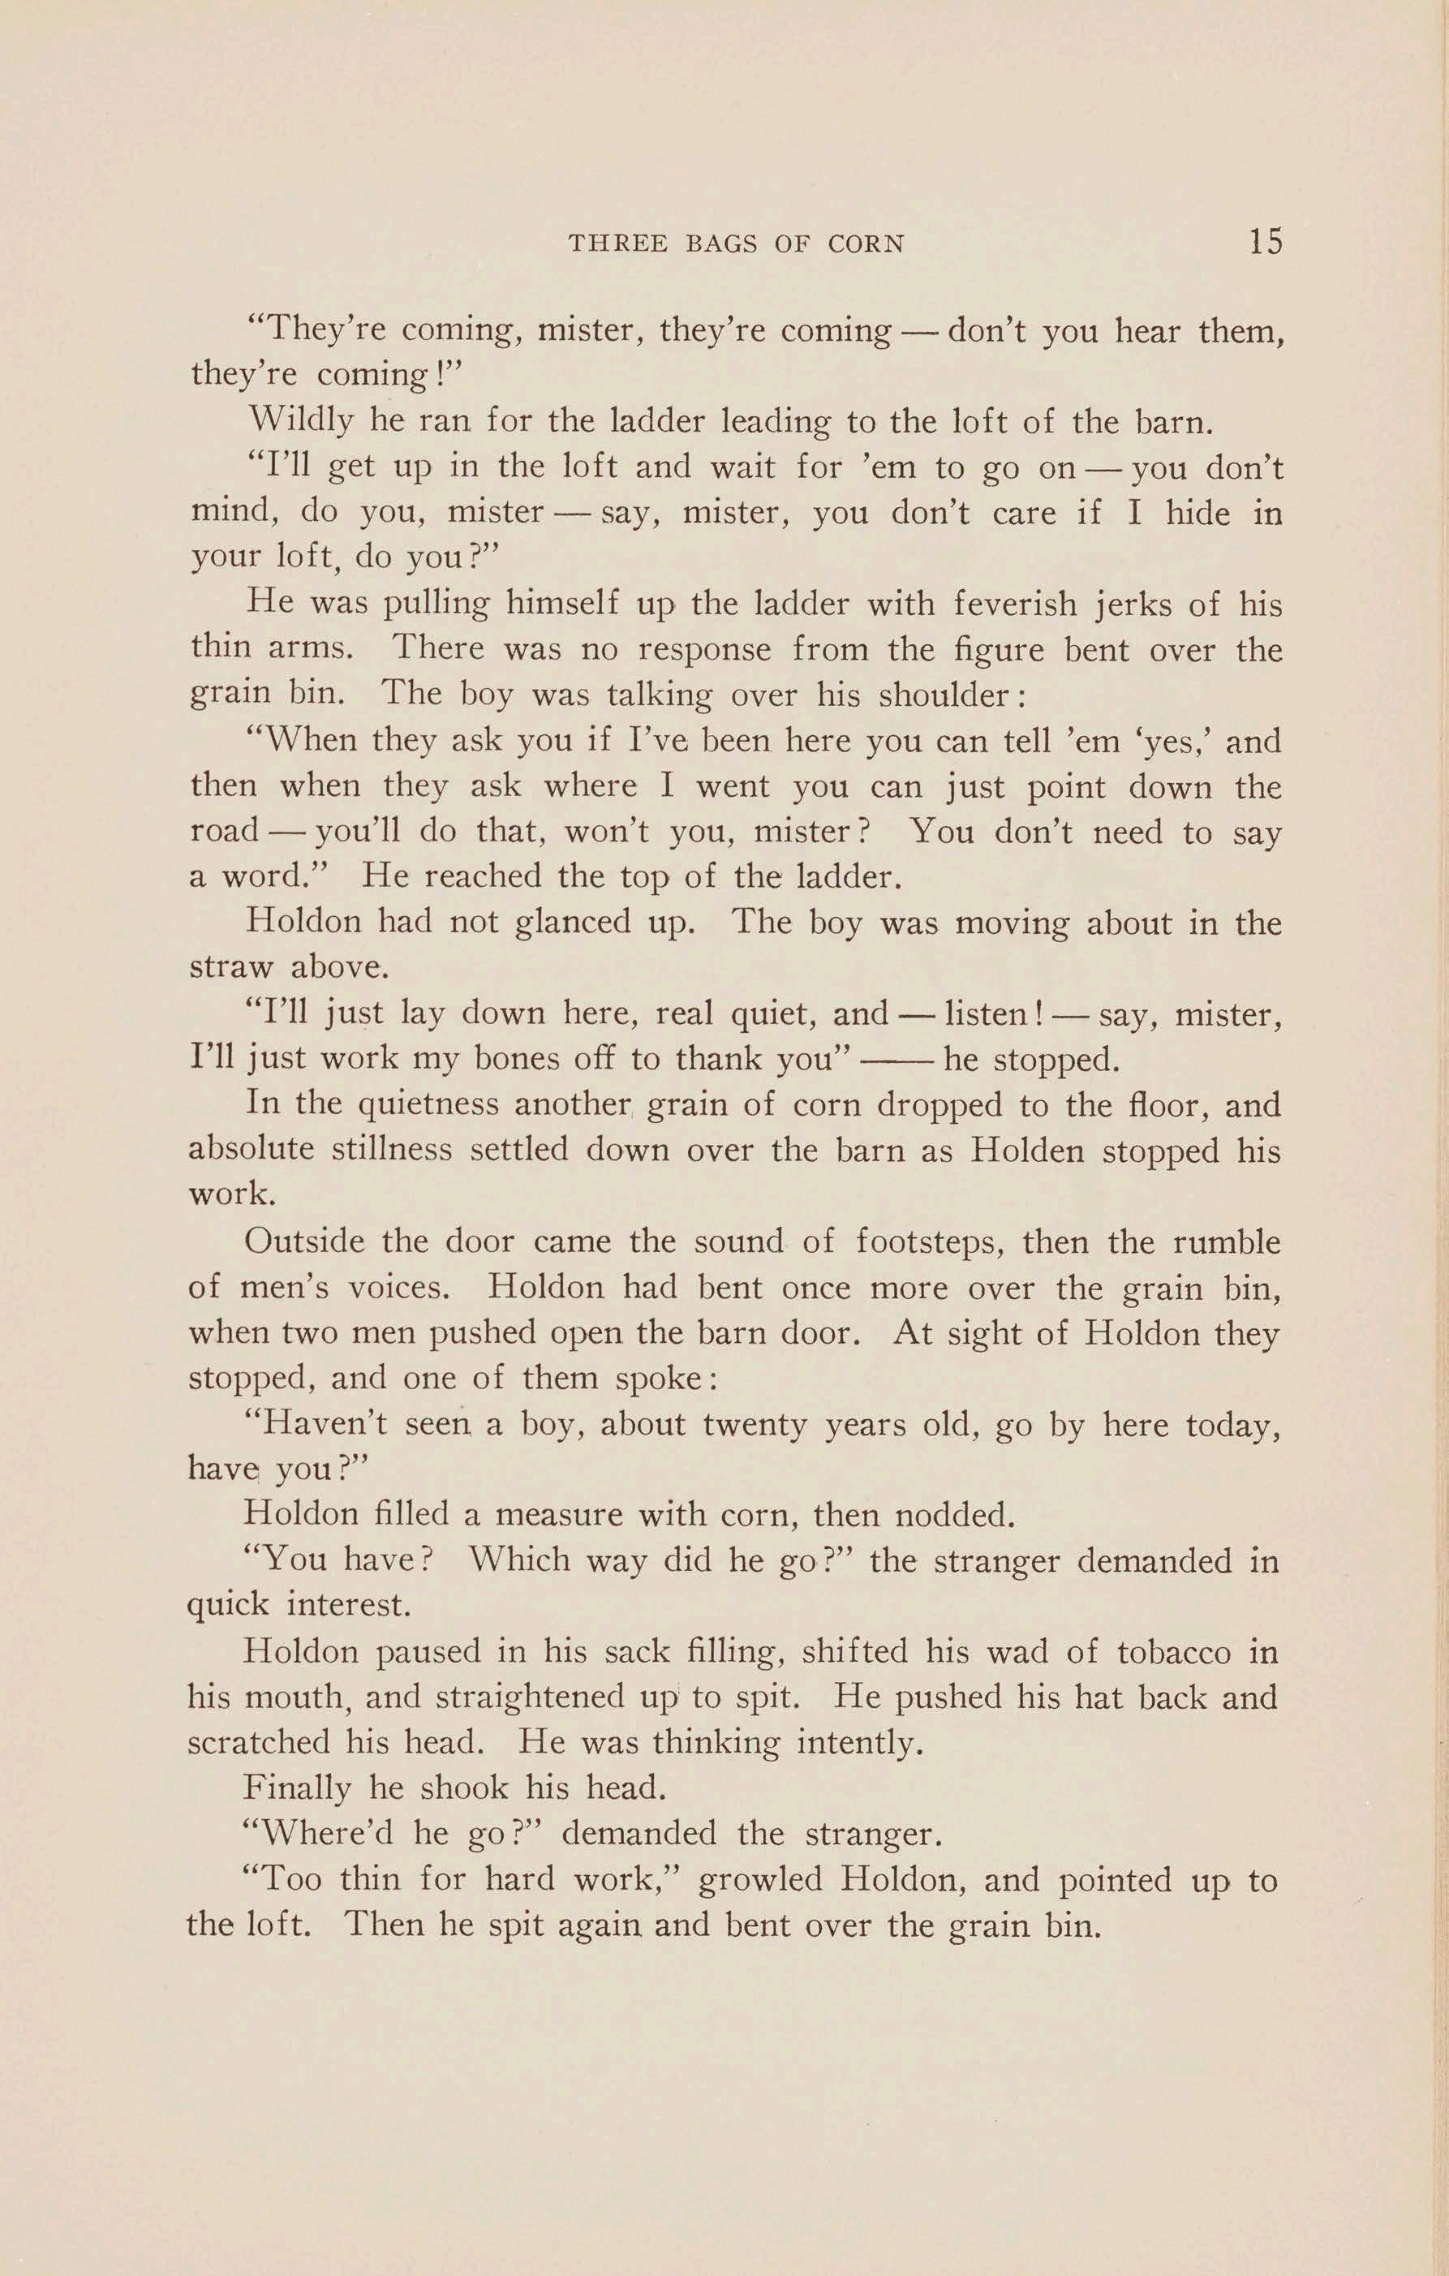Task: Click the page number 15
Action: [x=1266, y=241]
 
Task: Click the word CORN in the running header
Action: [x=866, y=244]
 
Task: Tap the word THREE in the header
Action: [x=618, y=244]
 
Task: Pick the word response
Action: [x=703, y=649]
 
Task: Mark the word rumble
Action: [x=1227, y=1242]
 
